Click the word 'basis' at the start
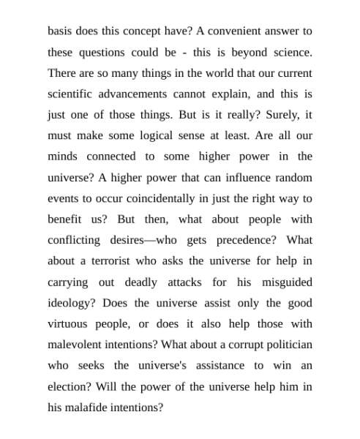click(x=61, y=31)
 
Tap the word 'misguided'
click(x=282, y=282)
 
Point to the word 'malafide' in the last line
click(x=88, y=407)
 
